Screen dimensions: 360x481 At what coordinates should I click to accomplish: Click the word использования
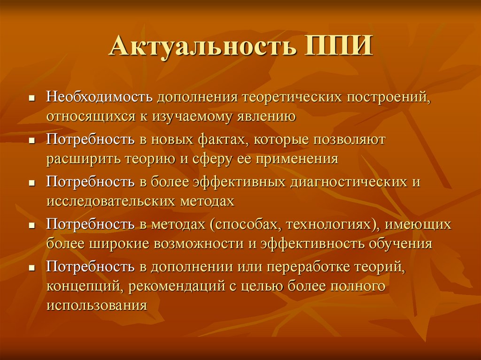point(97,306)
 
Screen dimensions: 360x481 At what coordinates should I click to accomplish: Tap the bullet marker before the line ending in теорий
point(32,268)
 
